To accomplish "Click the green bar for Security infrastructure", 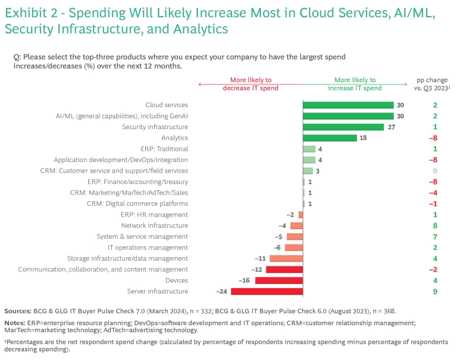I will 343,127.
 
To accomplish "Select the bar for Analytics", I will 330,138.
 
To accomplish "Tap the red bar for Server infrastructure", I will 267,292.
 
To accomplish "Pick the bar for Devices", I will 279,280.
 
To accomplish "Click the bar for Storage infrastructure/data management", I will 286,258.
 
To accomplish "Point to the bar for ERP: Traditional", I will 309,149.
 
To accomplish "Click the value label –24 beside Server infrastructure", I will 222,292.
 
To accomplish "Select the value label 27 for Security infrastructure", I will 390,127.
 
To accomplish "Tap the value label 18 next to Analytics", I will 363,138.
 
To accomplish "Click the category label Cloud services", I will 167,105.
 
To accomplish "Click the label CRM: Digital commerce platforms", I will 137,204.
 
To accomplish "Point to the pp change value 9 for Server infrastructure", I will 436,292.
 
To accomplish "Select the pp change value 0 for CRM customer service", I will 436,171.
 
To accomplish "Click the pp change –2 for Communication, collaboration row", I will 434,270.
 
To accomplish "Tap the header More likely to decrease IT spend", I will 251,84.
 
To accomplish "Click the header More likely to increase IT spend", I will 355,84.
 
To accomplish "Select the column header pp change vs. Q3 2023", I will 433,84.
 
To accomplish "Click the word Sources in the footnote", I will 18,311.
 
